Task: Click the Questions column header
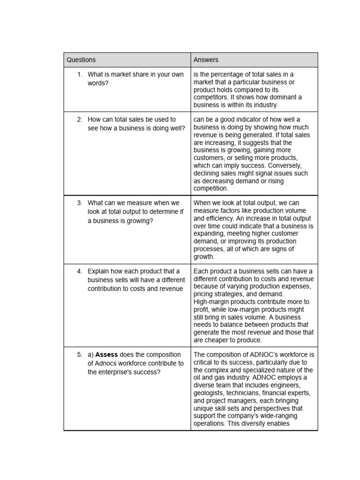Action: (81, 60)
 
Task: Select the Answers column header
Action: (206, 60)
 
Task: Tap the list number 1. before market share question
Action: (80, 75)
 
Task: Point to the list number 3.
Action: (80, 203)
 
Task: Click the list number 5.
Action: (80, 355)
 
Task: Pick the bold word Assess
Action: (106, 355)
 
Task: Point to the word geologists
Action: (208, 393)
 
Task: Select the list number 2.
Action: (80, 120)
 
